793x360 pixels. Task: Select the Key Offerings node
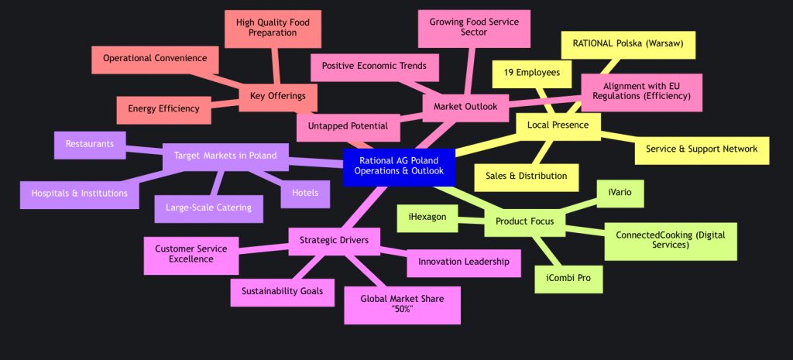[278, 95]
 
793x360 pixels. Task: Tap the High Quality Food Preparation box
[267, 28]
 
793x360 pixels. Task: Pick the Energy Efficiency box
[164, 109]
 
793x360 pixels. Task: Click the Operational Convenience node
[155, 58]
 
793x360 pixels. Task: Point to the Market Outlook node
[465, 106]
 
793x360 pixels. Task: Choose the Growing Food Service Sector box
[473, 28]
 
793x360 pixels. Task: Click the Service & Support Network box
[702, 149]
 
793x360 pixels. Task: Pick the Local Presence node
[558, 125]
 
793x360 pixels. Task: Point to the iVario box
[620, 192]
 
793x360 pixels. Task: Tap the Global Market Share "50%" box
[402, 304]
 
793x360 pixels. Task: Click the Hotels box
[305, 193]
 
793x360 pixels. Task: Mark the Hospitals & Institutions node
[79, 193]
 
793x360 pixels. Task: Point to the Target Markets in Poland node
[225, 156]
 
